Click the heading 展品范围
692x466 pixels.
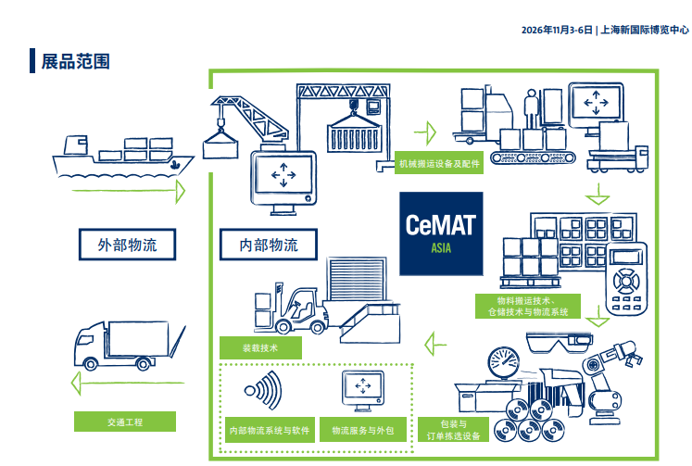coord(75,62)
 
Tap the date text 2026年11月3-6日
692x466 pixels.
coord(558,30)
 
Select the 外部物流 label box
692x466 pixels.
coord(128,246)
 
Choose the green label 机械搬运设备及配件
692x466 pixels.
coord(439,163)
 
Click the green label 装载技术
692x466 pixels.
coord(261,348)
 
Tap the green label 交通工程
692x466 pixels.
coord(125,422)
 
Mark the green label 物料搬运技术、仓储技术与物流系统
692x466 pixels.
coord(526,307)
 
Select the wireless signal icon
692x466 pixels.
coord(262,390)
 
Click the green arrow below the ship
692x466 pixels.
coord(120,191)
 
